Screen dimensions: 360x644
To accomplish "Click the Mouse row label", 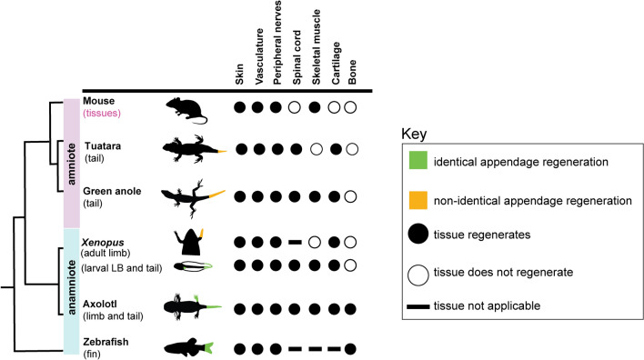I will [97, 100].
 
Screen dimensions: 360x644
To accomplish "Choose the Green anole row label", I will [109, 191].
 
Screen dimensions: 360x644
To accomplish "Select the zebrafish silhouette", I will [189, 347].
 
